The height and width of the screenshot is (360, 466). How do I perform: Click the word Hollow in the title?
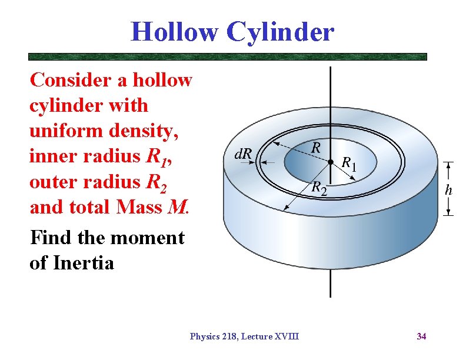click(174, 31)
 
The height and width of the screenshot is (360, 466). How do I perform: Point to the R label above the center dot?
click(316, 147)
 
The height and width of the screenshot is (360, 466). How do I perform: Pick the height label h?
click(448, 189)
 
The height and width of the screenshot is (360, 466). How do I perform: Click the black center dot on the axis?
click(331, 161)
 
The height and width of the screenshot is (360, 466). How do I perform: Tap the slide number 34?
click(421, 336)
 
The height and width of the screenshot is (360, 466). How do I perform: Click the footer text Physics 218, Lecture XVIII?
click(244, 336)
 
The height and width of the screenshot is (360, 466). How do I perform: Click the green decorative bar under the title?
click(228, 57)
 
